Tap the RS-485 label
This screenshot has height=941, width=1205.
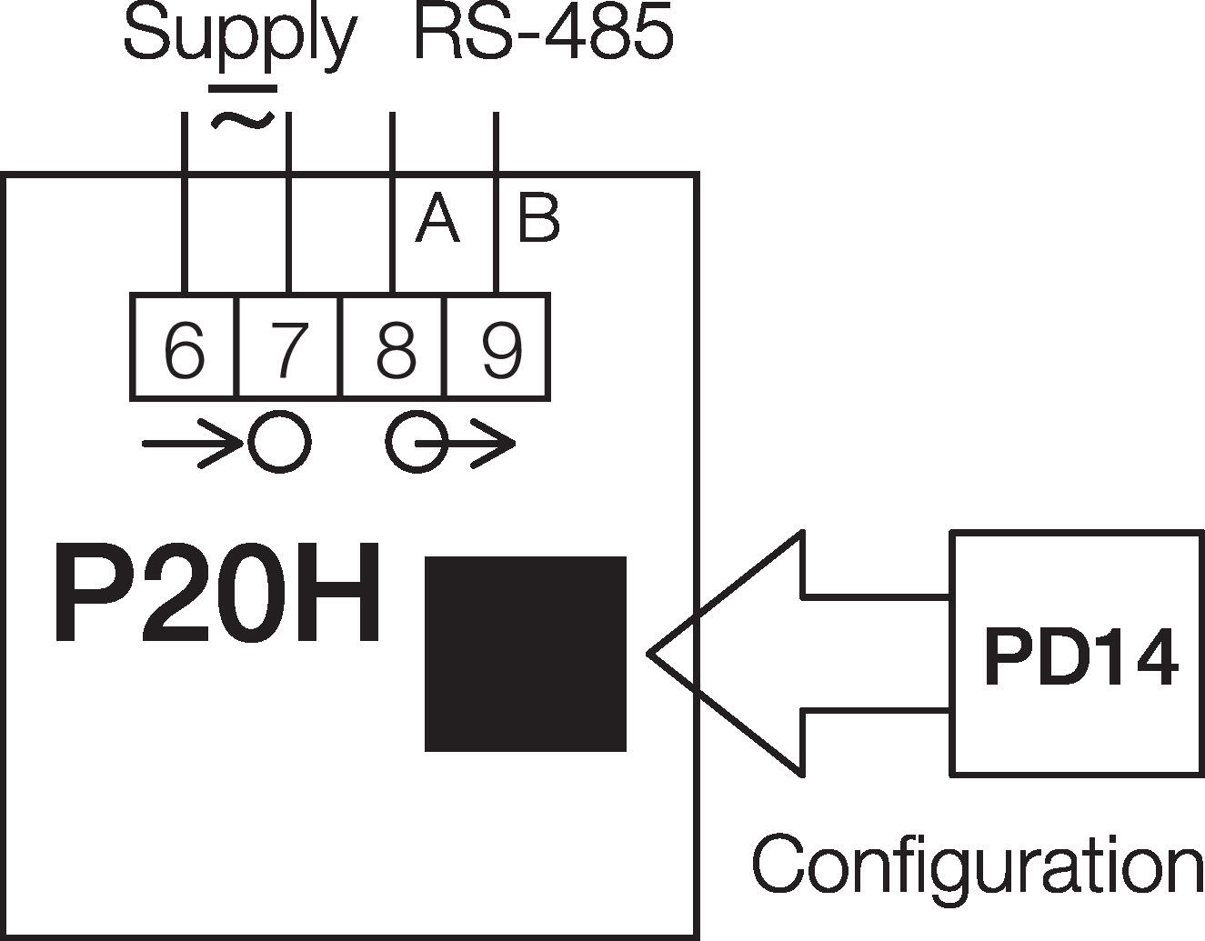click(543, 35)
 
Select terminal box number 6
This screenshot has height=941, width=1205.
click(185, 347)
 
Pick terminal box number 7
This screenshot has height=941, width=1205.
click(289, 347)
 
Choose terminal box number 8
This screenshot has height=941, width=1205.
click(394, 347)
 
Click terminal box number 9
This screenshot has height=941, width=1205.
click(497, 347)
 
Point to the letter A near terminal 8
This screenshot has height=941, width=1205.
click(437, 220)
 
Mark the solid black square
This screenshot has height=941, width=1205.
click(526, 654)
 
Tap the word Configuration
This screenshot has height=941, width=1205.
click(978, 866)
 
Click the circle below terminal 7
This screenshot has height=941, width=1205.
click(280, 443)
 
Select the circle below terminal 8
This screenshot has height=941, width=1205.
click(416, 443)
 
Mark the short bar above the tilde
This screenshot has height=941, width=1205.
click(243, 89)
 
